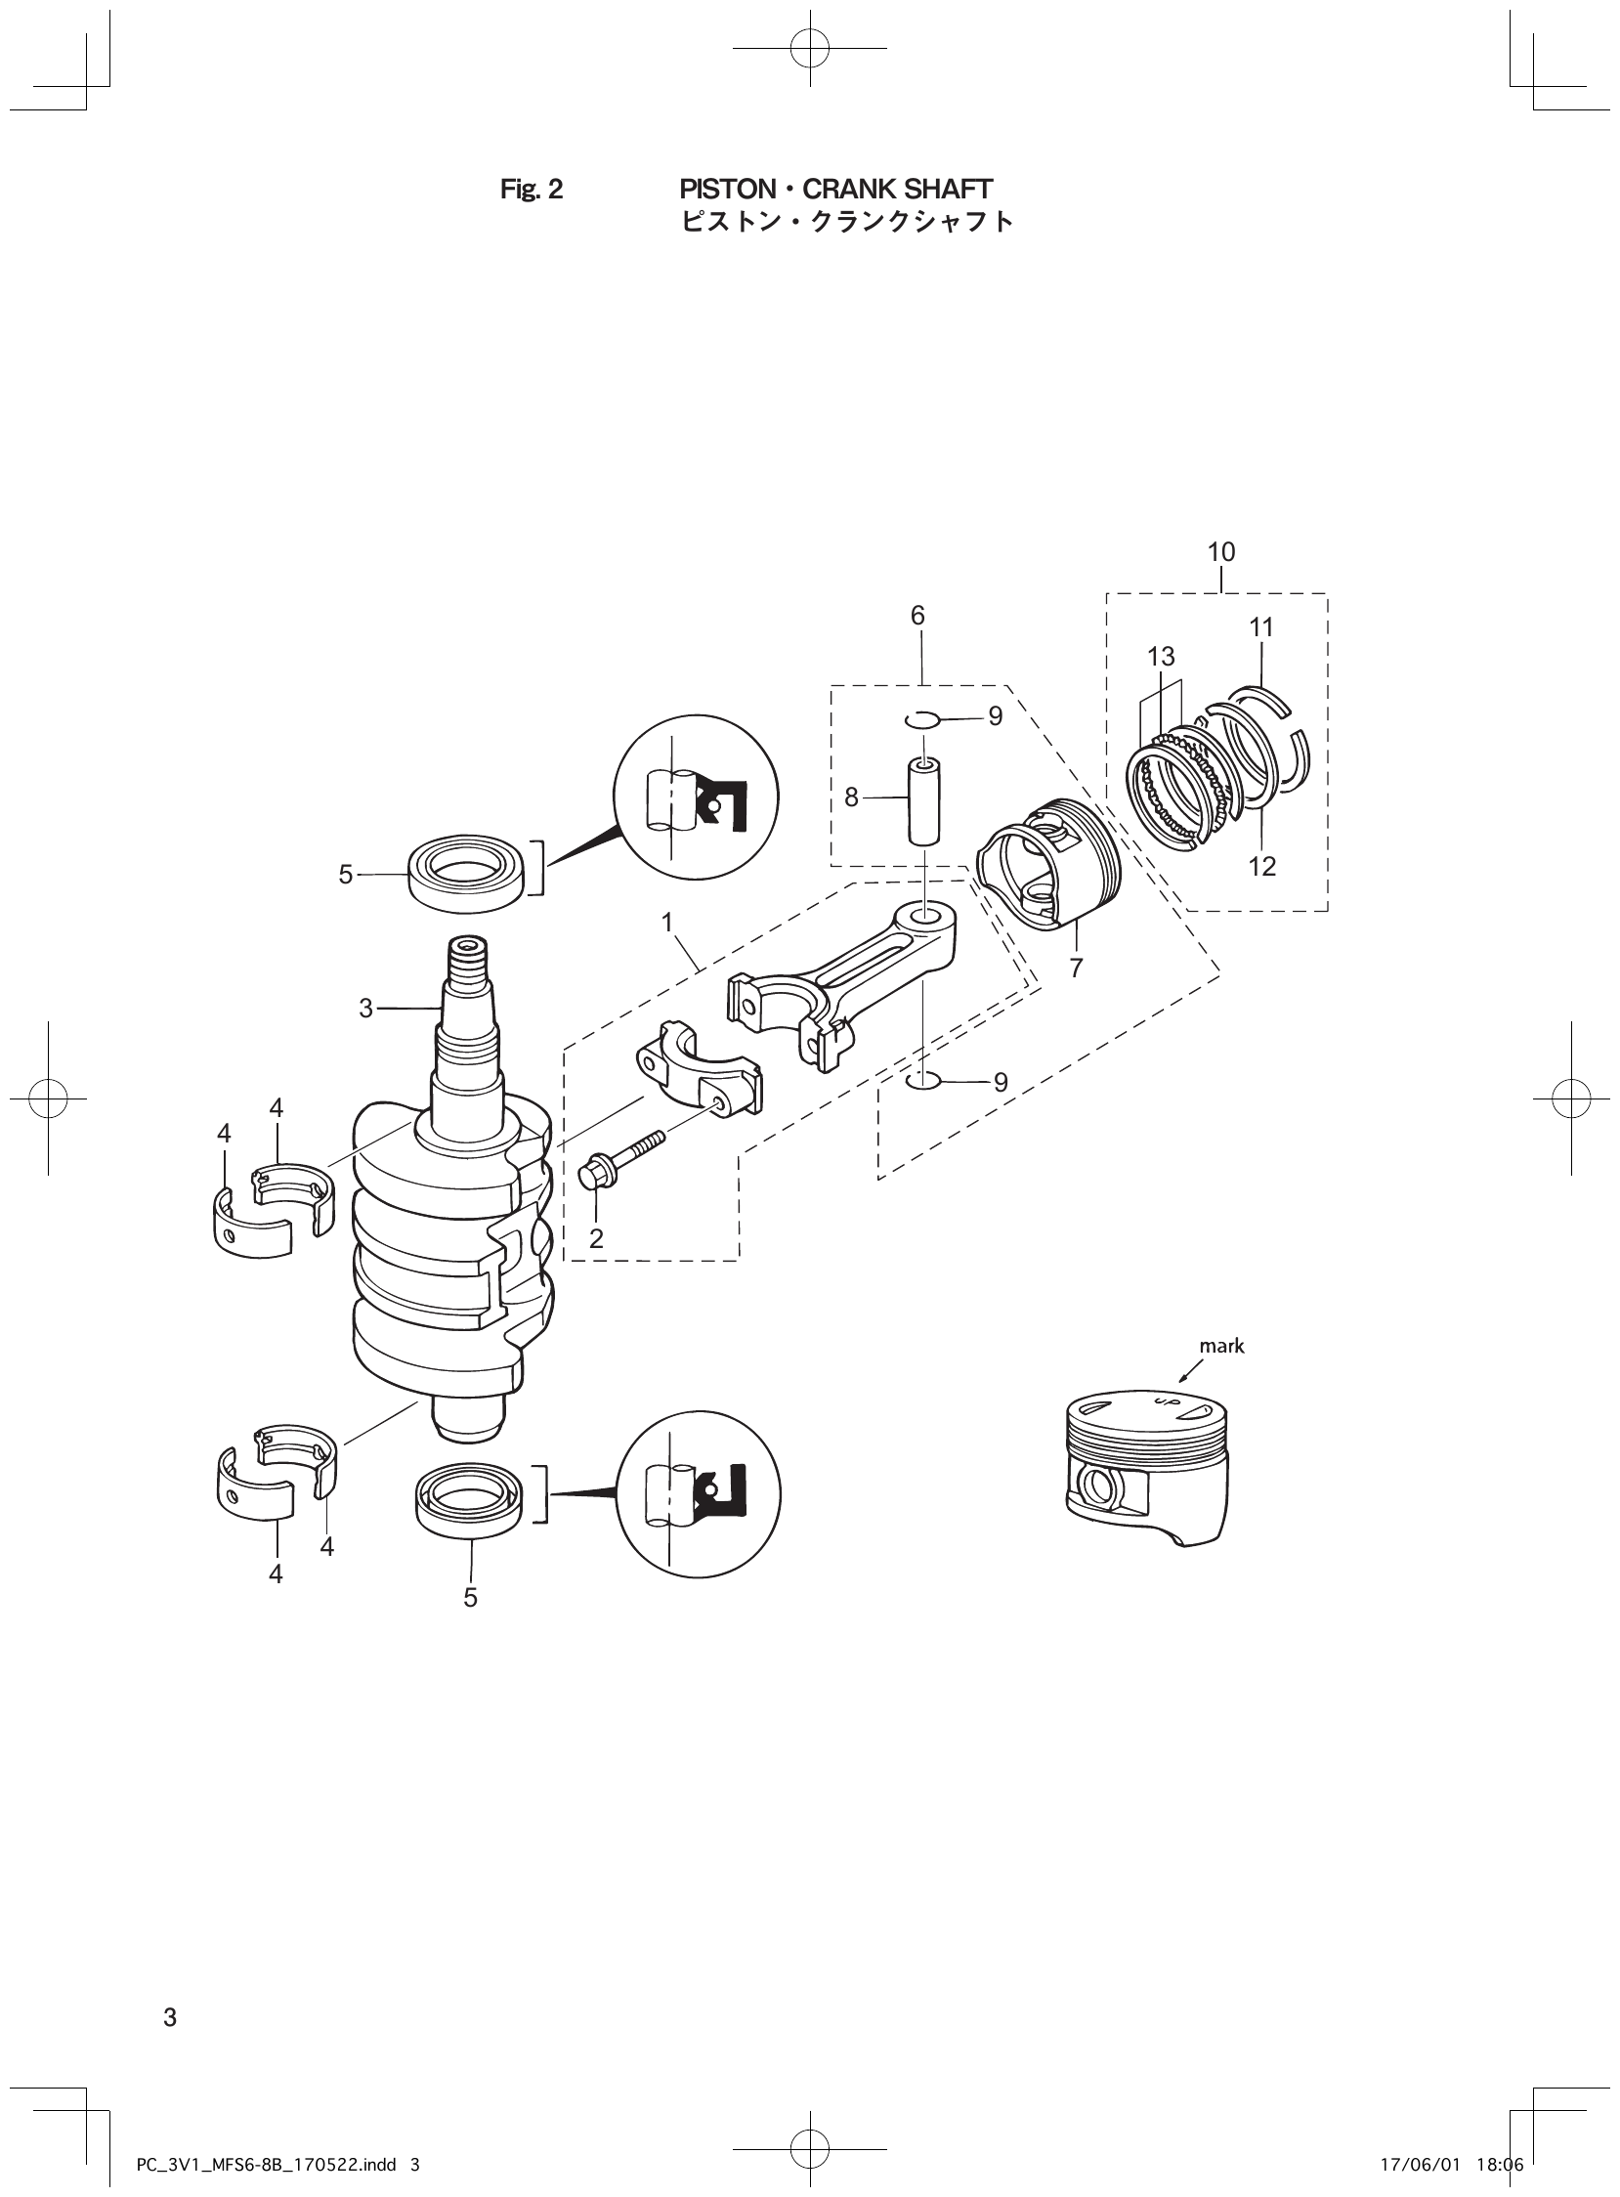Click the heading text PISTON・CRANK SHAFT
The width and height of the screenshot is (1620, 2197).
tap(835, 190)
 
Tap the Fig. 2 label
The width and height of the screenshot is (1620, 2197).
tap(532, 190)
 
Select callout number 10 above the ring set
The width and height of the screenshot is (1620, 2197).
tap(1221, 552)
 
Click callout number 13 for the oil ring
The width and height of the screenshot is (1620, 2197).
tap(1160, 656)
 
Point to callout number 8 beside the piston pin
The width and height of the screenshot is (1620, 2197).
tap(851, 797)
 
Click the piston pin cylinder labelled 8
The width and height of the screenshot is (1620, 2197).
tap(923, 799)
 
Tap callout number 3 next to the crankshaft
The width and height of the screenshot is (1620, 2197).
tap(365, 1009)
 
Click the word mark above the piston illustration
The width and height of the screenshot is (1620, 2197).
tap(1221, 1347)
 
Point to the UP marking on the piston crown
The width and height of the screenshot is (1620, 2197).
tap(1165, 1404)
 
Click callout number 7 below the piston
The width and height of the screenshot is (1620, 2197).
tap(1076, 969)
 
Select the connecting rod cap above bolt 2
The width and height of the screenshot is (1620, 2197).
tap(700, 1077)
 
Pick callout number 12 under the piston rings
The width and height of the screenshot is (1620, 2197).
tap(1262, 866)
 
